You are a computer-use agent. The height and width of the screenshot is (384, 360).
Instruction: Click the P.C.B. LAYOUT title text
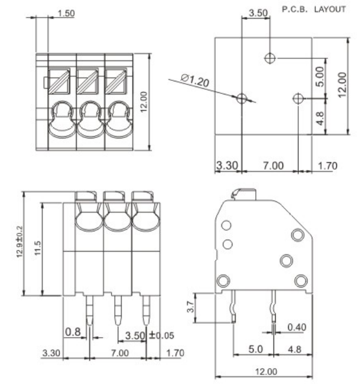[x=314, y=10]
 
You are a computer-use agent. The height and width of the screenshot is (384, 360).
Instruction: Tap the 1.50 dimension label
[x=66, y=12]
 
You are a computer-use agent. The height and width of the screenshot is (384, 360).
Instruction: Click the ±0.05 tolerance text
[x=161, y=335]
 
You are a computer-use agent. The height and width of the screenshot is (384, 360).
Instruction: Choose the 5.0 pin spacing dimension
[x=255, y=350]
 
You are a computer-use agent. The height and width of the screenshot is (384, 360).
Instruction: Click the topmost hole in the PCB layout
[x=270, y=58]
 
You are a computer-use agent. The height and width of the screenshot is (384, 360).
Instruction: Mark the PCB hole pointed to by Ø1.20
[x=242, y=98]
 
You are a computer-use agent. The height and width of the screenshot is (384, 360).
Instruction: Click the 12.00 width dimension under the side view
[x=264, y=372]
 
